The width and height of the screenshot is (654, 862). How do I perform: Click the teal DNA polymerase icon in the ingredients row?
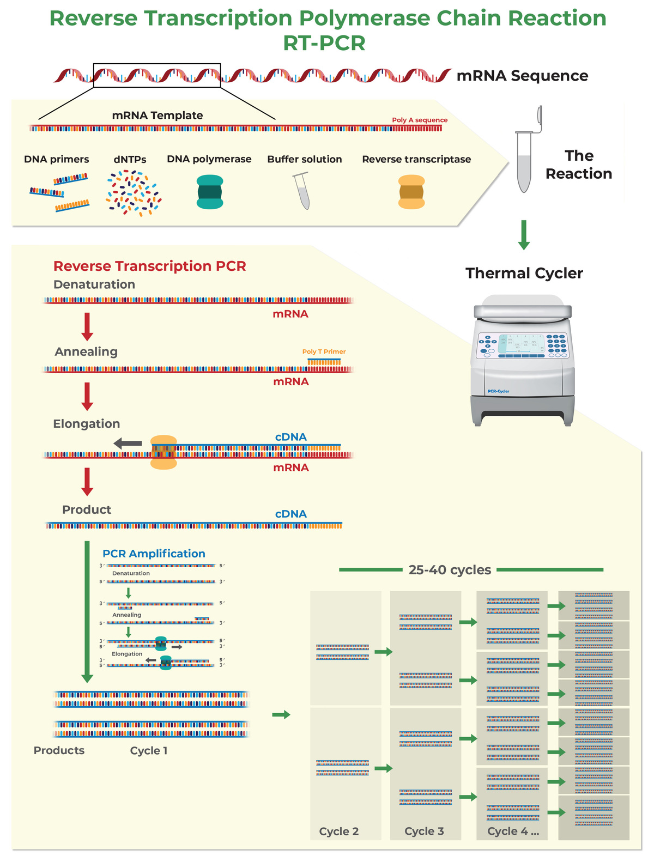(210, 192)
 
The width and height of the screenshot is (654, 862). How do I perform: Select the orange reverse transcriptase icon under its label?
(411, 192)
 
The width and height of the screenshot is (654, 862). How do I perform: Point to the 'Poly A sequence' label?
(420, 120)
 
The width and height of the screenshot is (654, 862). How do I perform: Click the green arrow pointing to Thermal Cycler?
(524, 235)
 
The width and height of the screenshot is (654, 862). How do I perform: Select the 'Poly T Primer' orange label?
(324, 351)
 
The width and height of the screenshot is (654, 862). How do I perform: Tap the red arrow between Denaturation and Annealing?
(87, 326)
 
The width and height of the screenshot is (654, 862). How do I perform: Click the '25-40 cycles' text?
(450, 570)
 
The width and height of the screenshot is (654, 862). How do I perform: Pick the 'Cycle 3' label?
(424, 831)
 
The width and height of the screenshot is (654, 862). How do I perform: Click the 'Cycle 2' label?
(339, 831)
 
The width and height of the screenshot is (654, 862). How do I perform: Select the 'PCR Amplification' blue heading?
(154, 554)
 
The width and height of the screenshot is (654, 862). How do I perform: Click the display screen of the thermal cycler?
(522, 344)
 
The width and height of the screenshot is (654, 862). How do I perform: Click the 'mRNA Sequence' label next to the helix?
(522, 76)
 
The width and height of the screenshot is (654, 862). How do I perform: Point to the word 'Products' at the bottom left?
(59, 750)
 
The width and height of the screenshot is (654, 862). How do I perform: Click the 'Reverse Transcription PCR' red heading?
(150, 266)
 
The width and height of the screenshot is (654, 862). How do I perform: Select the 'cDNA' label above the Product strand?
(290, 514)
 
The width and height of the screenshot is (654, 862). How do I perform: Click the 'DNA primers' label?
(57, 159)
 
